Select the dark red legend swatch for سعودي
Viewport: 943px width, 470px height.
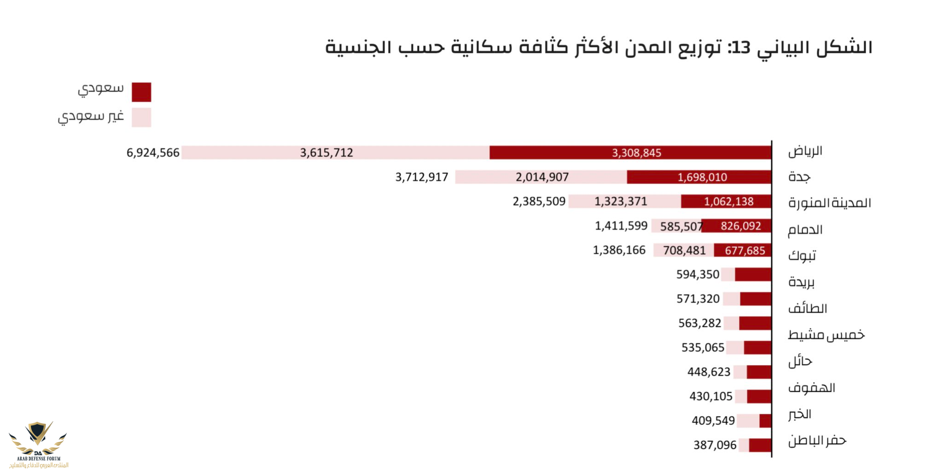[x=141, y=92]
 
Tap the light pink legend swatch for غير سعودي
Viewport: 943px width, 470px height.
[x=141, y=117]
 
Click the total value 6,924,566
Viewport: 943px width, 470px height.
[x=153, y=153]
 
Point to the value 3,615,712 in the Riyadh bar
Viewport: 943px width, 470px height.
[x=326, y=153]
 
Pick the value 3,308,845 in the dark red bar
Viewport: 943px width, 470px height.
[x=636, y=153]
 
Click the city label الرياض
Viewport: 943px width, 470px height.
[x=805, y=151]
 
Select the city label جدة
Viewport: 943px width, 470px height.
[x=799, y=177]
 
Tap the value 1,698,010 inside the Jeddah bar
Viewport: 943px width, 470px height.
[x=702, y=177]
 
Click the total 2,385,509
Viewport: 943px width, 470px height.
[x=539, y=202]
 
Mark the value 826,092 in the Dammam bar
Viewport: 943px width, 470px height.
[x=740, y=226]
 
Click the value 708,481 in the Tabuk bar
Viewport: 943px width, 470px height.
[x=684, y=250]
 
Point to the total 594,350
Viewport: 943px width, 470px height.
[x=698, y=275]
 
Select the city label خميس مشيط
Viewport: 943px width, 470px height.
[x=826, y=335]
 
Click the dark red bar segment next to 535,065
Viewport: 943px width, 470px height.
[x=757, y=348]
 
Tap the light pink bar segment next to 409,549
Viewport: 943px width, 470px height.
[x=748, y=421]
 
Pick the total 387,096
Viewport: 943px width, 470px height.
[x=715, y=445]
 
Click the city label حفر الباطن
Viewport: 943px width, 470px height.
[x=817, y=441]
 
